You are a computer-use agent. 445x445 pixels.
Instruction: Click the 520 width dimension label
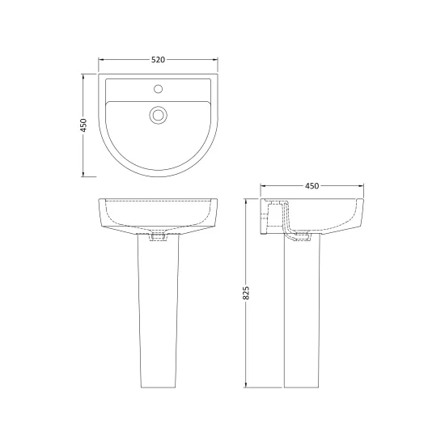coord(158,60)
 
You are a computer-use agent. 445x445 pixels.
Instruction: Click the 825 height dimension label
coord(246,293)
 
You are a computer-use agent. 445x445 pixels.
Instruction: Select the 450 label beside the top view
coord(83,125)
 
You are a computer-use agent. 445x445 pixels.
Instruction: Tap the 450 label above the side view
coord(311,186)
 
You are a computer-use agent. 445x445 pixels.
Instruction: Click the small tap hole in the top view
coord(158,89)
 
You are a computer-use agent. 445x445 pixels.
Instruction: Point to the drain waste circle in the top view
coord(158,115)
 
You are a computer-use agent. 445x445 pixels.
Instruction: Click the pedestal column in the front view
coord(158,311)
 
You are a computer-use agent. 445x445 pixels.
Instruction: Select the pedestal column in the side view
coord(302,311)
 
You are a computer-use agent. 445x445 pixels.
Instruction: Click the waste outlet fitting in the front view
coord(159,237)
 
